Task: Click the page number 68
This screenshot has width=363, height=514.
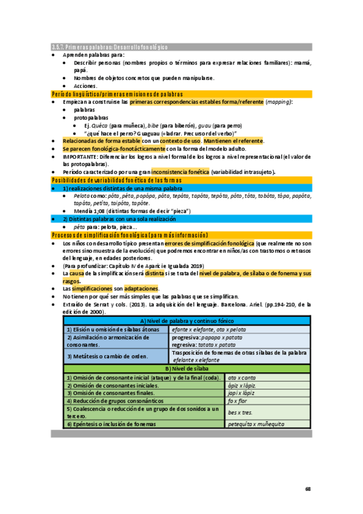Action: [x=308, y=489]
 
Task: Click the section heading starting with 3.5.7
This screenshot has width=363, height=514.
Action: [x=109, y=47]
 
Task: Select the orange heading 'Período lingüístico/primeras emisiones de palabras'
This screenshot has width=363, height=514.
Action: [x=117, y=95]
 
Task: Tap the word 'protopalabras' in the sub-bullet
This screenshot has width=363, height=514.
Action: [x=92, y=118]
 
